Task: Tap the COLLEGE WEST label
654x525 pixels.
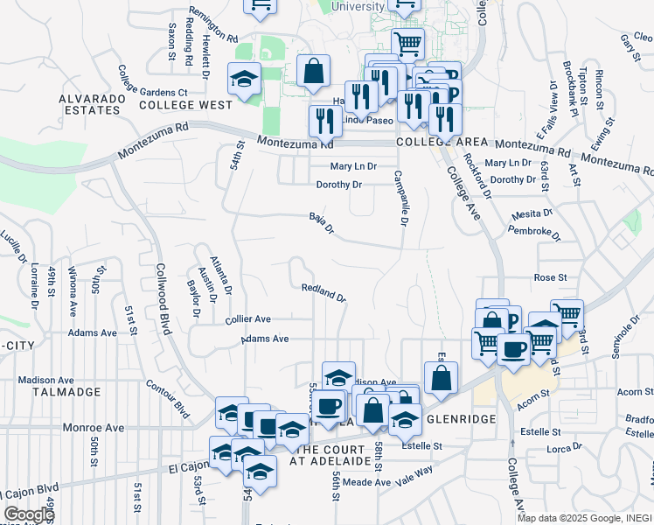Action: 185,105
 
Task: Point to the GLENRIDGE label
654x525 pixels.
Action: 461,420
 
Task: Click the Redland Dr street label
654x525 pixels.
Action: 324,292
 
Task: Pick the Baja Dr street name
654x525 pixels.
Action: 322,222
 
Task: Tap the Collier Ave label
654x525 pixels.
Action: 247,319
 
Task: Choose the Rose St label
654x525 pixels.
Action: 551,277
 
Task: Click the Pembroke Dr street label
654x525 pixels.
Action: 534,233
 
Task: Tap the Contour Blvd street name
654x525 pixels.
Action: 169,397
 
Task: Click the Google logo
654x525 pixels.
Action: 30,514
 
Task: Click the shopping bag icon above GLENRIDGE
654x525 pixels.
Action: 442,377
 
